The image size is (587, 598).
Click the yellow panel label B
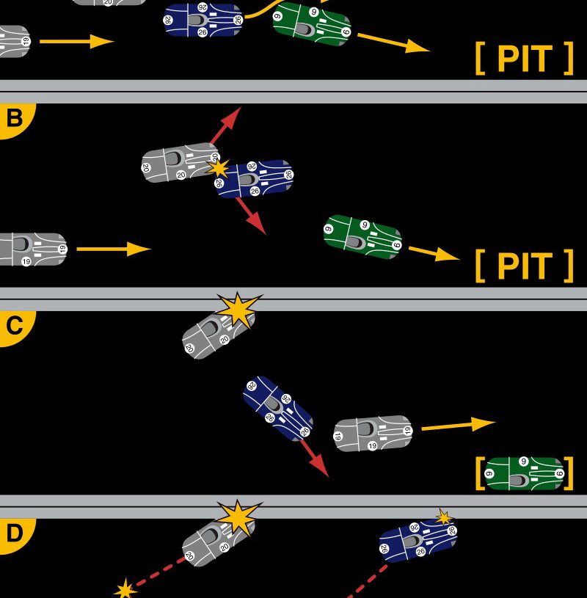(x=13, y=118)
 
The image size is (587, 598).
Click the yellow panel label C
(x=13, y=326)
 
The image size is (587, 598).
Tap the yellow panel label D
(x=13, y=533)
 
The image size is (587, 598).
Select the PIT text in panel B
(x=524, y=266)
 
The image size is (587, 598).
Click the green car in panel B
(x=362, y=236)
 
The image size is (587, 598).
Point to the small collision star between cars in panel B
(x=218, y=168)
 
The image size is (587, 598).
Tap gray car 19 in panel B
(x=31, y=249)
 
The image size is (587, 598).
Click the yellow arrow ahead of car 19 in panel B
(x=114, y=249)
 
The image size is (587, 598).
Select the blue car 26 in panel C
(x=278, y=409)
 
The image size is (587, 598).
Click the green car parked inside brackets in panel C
(x=525, y=473)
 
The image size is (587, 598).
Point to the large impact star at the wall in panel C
(x=238, y=310)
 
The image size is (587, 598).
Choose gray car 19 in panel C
(x=373, y=434)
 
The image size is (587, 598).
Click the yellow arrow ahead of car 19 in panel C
(x=458, y=424)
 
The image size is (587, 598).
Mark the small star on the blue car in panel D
(x=443, y=517)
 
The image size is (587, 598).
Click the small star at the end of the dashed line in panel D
(x=125, y=588)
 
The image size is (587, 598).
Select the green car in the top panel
(x=312, y=23)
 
